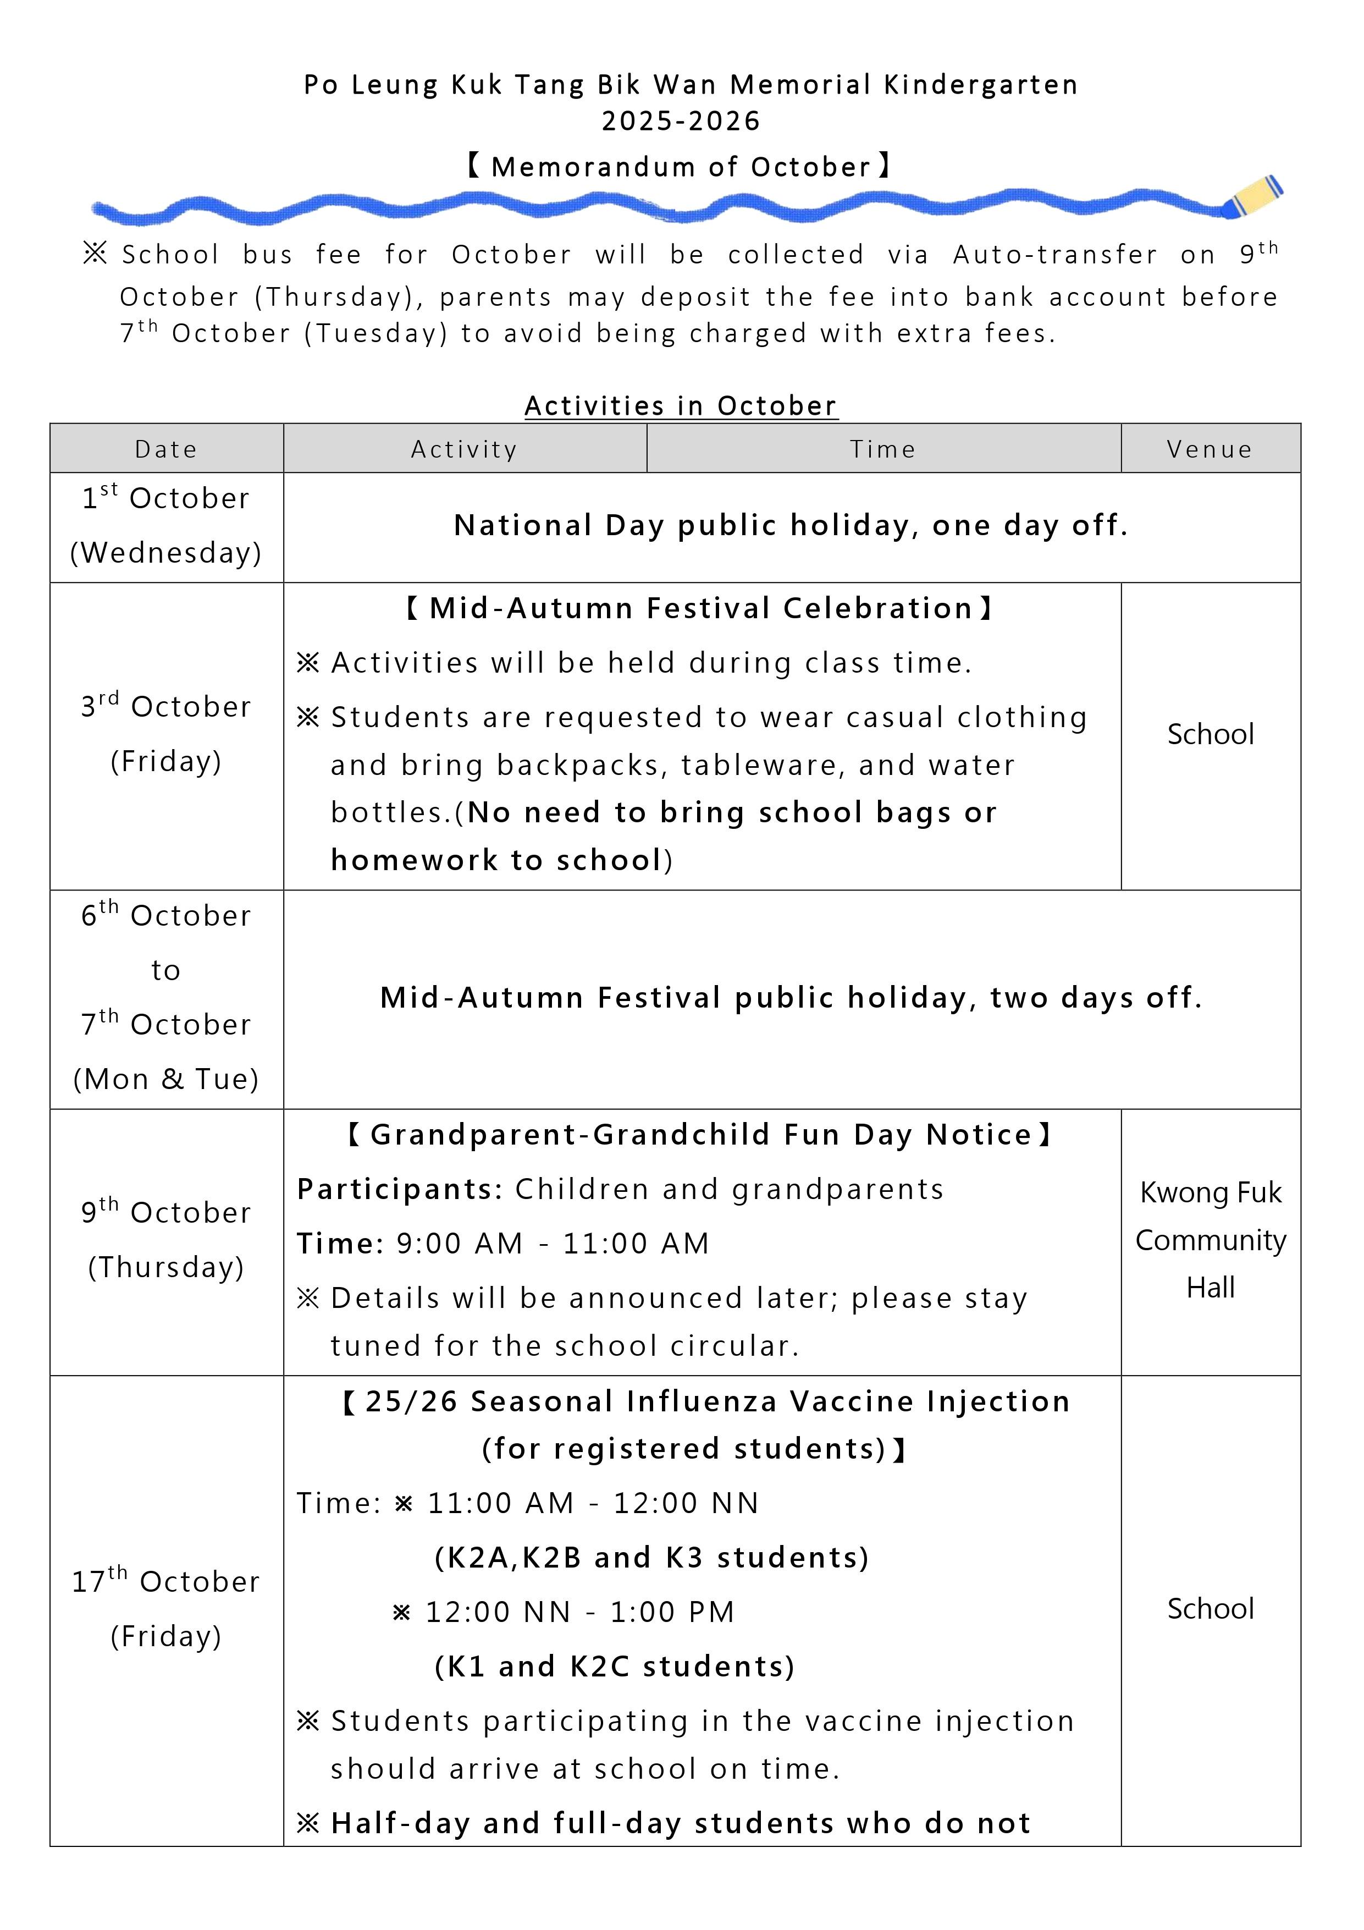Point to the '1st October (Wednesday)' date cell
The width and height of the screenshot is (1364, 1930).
coord(167,525)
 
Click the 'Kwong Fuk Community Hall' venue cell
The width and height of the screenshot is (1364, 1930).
coord(1210,1240)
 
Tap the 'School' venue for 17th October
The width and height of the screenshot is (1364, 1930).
coord(1210,1608)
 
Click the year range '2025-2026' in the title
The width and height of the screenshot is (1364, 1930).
coord(681,121)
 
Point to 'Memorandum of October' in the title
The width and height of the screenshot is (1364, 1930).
coord(681,167)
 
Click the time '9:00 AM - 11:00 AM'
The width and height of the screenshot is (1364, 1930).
coord(552,1243)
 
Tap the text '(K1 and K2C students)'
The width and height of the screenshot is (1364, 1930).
coord(614,1666)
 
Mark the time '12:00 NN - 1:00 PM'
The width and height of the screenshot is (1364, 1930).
coord(580,1612)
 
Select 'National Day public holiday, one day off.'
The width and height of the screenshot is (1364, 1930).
coord(791,525)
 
